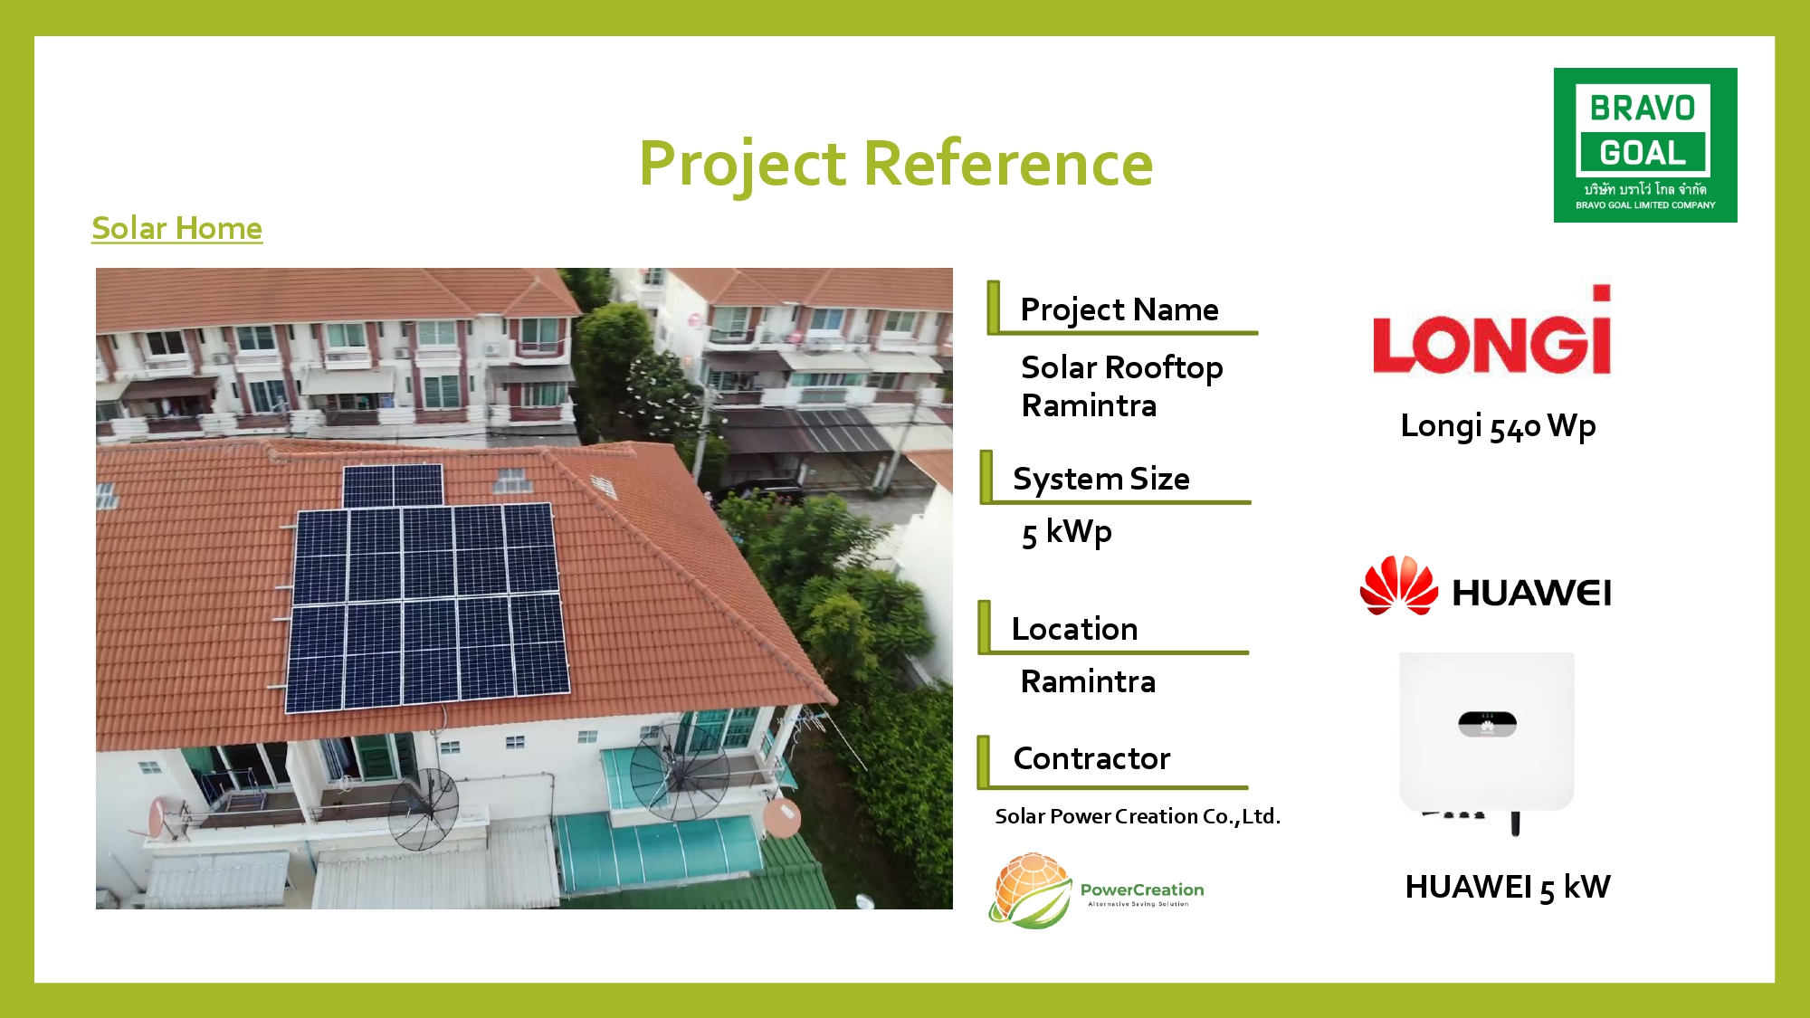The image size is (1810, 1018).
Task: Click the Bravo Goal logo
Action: tap(1645, 145)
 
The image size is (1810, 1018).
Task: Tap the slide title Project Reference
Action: tap(896, 164)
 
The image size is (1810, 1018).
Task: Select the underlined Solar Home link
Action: tap(177, 228)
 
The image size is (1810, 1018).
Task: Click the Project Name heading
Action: tap(1119, 309)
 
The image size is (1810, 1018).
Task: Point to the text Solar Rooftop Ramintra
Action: tap(1122, 386)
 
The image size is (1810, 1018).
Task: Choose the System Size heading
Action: tap(1101, 479)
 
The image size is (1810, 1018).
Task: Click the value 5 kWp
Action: tap(1067, 532)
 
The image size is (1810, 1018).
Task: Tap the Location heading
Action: tap(1074, 629)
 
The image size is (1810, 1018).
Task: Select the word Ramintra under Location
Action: tap(1088, 681)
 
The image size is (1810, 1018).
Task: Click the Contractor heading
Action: tap(1091, 758)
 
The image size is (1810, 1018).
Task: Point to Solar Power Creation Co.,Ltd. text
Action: tap(1138, 816)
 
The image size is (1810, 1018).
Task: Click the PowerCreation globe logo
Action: tap(1030, 890)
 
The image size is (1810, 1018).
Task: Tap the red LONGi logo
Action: tap(1492, 329)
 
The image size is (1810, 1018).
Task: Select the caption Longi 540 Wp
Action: tap(1498, 426)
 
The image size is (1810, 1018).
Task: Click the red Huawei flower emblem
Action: tap(1399, 585)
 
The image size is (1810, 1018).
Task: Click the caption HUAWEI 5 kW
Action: tap(1508, 887)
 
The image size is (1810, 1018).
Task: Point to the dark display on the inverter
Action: tap(1487, 724)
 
